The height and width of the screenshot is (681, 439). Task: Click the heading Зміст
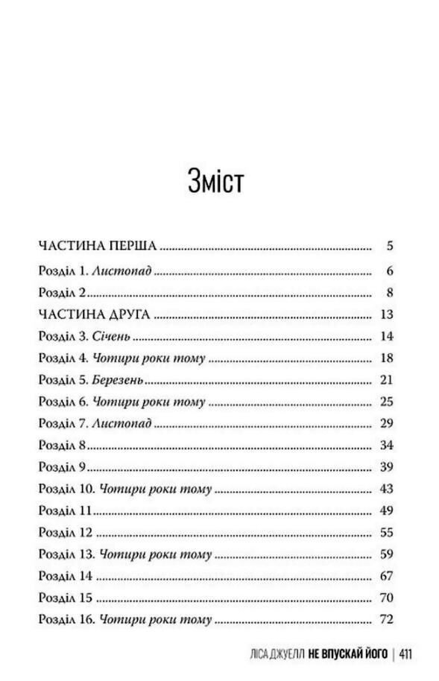(216, 181)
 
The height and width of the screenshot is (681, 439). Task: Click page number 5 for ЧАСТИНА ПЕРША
(389, 246)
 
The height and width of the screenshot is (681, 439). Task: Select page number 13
(386, 314)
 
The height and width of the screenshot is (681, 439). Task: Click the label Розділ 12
(65, 533)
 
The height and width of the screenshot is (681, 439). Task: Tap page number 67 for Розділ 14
(385, 576)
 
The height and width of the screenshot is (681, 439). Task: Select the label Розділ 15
(65, 598)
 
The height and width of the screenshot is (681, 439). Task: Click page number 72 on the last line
(385, 619)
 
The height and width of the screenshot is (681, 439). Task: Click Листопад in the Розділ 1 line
(122, 270)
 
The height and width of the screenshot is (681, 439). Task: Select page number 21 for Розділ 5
(385, 380)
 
